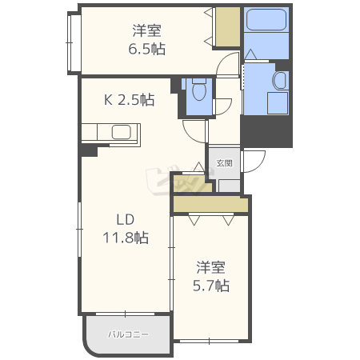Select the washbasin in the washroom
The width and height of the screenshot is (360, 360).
(280, 80)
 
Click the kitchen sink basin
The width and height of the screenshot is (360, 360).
(122, 132)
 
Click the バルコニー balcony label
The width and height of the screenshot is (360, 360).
(128, 334)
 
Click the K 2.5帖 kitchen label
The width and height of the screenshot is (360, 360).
(130, 100)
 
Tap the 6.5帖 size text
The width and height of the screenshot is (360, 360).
(147, 49)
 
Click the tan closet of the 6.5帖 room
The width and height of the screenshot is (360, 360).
(228, 27)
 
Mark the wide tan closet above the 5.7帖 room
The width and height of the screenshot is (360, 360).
(210, 204)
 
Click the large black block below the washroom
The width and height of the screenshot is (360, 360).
(266, 132)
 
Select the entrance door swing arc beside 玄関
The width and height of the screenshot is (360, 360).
(254, 161)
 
